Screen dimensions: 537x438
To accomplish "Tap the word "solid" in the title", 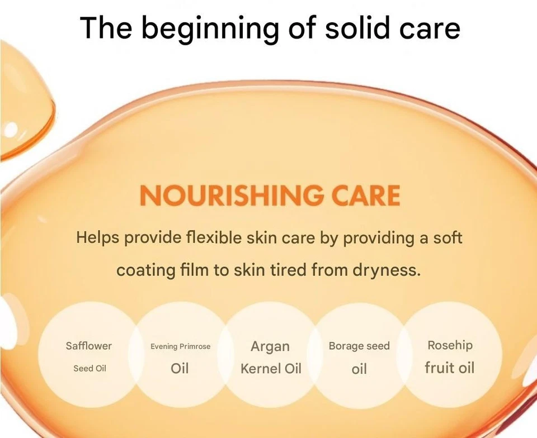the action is tap(357, 27).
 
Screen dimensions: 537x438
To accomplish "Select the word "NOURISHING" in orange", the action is tap(232, 196).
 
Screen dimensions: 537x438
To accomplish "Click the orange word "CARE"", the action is tap(366, 196).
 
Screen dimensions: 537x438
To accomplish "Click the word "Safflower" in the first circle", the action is tap(89, 346).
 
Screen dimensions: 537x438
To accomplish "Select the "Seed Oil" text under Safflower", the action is tap(89, 369).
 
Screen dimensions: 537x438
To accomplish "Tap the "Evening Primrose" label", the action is tap(181, 347).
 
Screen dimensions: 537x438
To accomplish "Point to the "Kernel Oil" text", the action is tap(271, 369).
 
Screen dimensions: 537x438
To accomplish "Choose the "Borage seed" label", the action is tap(359, 346).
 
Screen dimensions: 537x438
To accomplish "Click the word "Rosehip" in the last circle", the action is tap(450, 346).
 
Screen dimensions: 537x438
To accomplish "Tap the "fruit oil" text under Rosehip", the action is tap(450, 368).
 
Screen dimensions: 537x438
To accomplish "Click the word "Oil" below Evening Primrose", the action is tap(180, 369).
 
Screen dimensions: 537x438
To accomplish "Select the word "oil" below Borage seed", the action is tap(359, 369).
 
